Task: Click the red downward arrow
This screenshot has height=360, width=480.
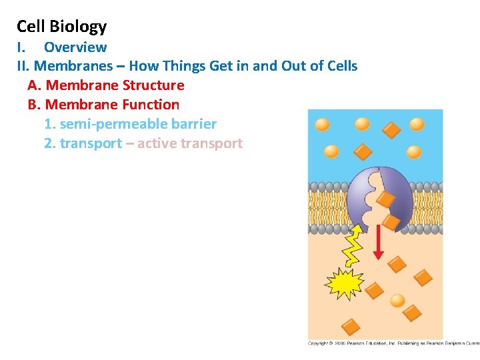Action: [378, 243]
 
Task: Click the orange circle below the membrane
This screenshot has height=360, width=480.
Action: [397, 301]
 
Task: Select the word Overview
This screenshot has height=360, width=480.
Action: [75, 47]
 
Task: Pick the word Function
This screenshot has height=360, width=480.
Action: [151, 105]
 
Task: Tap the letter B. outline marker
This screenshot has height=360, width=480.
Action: [35, 105]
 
